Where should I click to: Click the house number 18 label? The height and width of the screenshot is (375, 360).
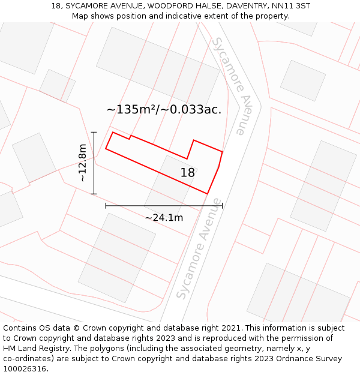click(188, 173)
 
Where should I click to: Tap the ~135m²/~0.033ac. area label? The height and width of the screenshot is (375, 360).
click(164, 109)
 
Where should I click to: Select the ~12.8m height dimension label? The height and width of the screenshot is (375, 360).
click(82, 163)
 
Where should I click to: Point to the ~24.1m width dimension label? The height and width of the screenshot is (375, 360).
click(164, 217)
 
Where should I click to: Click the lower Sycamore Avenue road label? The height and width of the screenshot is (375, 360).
click(199, 249)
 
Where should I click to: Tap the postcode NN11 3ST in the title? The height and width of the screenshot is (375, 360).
click(290, 6)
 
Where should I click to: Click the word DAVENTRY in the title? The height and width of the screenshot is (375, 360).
click(242, 6)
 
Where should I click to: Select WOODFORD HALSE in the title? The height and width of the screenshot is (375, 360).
click(181, 6)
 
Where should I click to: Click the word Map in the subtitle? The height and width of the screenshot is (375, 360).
click(80, 16)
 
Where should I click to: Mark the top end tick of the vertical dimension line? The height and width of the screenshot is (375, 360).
click(94, 132)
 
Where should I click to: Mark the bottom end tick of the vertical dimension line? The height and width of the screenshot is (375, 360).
click(94, 194)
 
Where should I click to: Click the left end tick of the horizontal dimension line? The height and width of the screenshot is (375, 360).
click(106, 205)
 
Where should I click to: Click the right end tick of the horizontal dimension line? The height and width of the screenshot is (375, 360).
click(222, 205)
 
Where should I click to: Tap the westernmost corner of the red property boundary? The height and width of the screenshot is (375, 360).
click(106, 148)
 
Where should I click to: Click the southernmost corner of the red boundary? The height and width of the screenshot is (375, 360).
click(208, 194)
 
